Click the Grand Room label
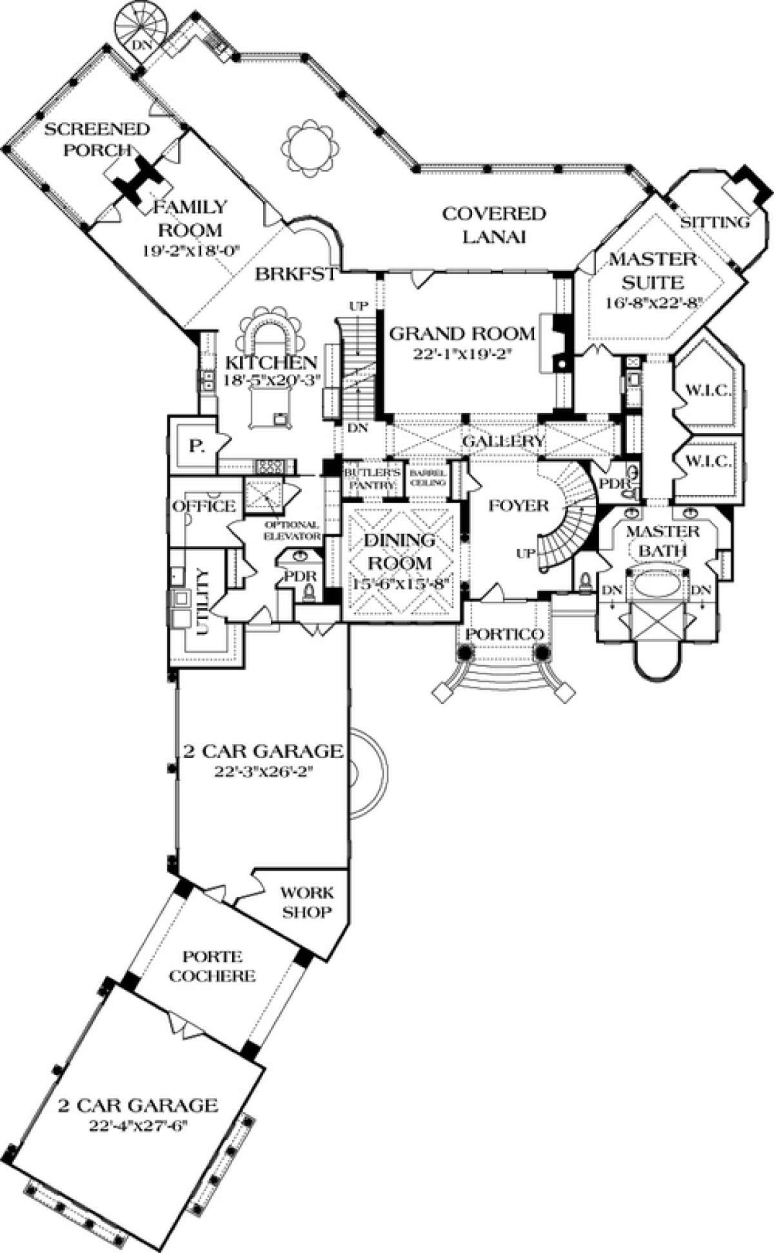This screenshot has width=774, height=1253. (x=463, y=334)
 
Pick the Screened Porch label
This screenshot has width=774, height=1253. (x=97, y=139)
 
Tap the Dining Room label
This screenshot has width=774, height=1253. (x=401, y=550)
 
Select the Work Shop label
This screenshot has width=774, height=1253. (x=307, y=902)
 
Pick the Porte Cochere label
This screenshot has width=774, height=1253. (x=219, y=966)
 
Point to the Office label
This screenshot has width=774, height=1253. (x=203, y=506)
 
